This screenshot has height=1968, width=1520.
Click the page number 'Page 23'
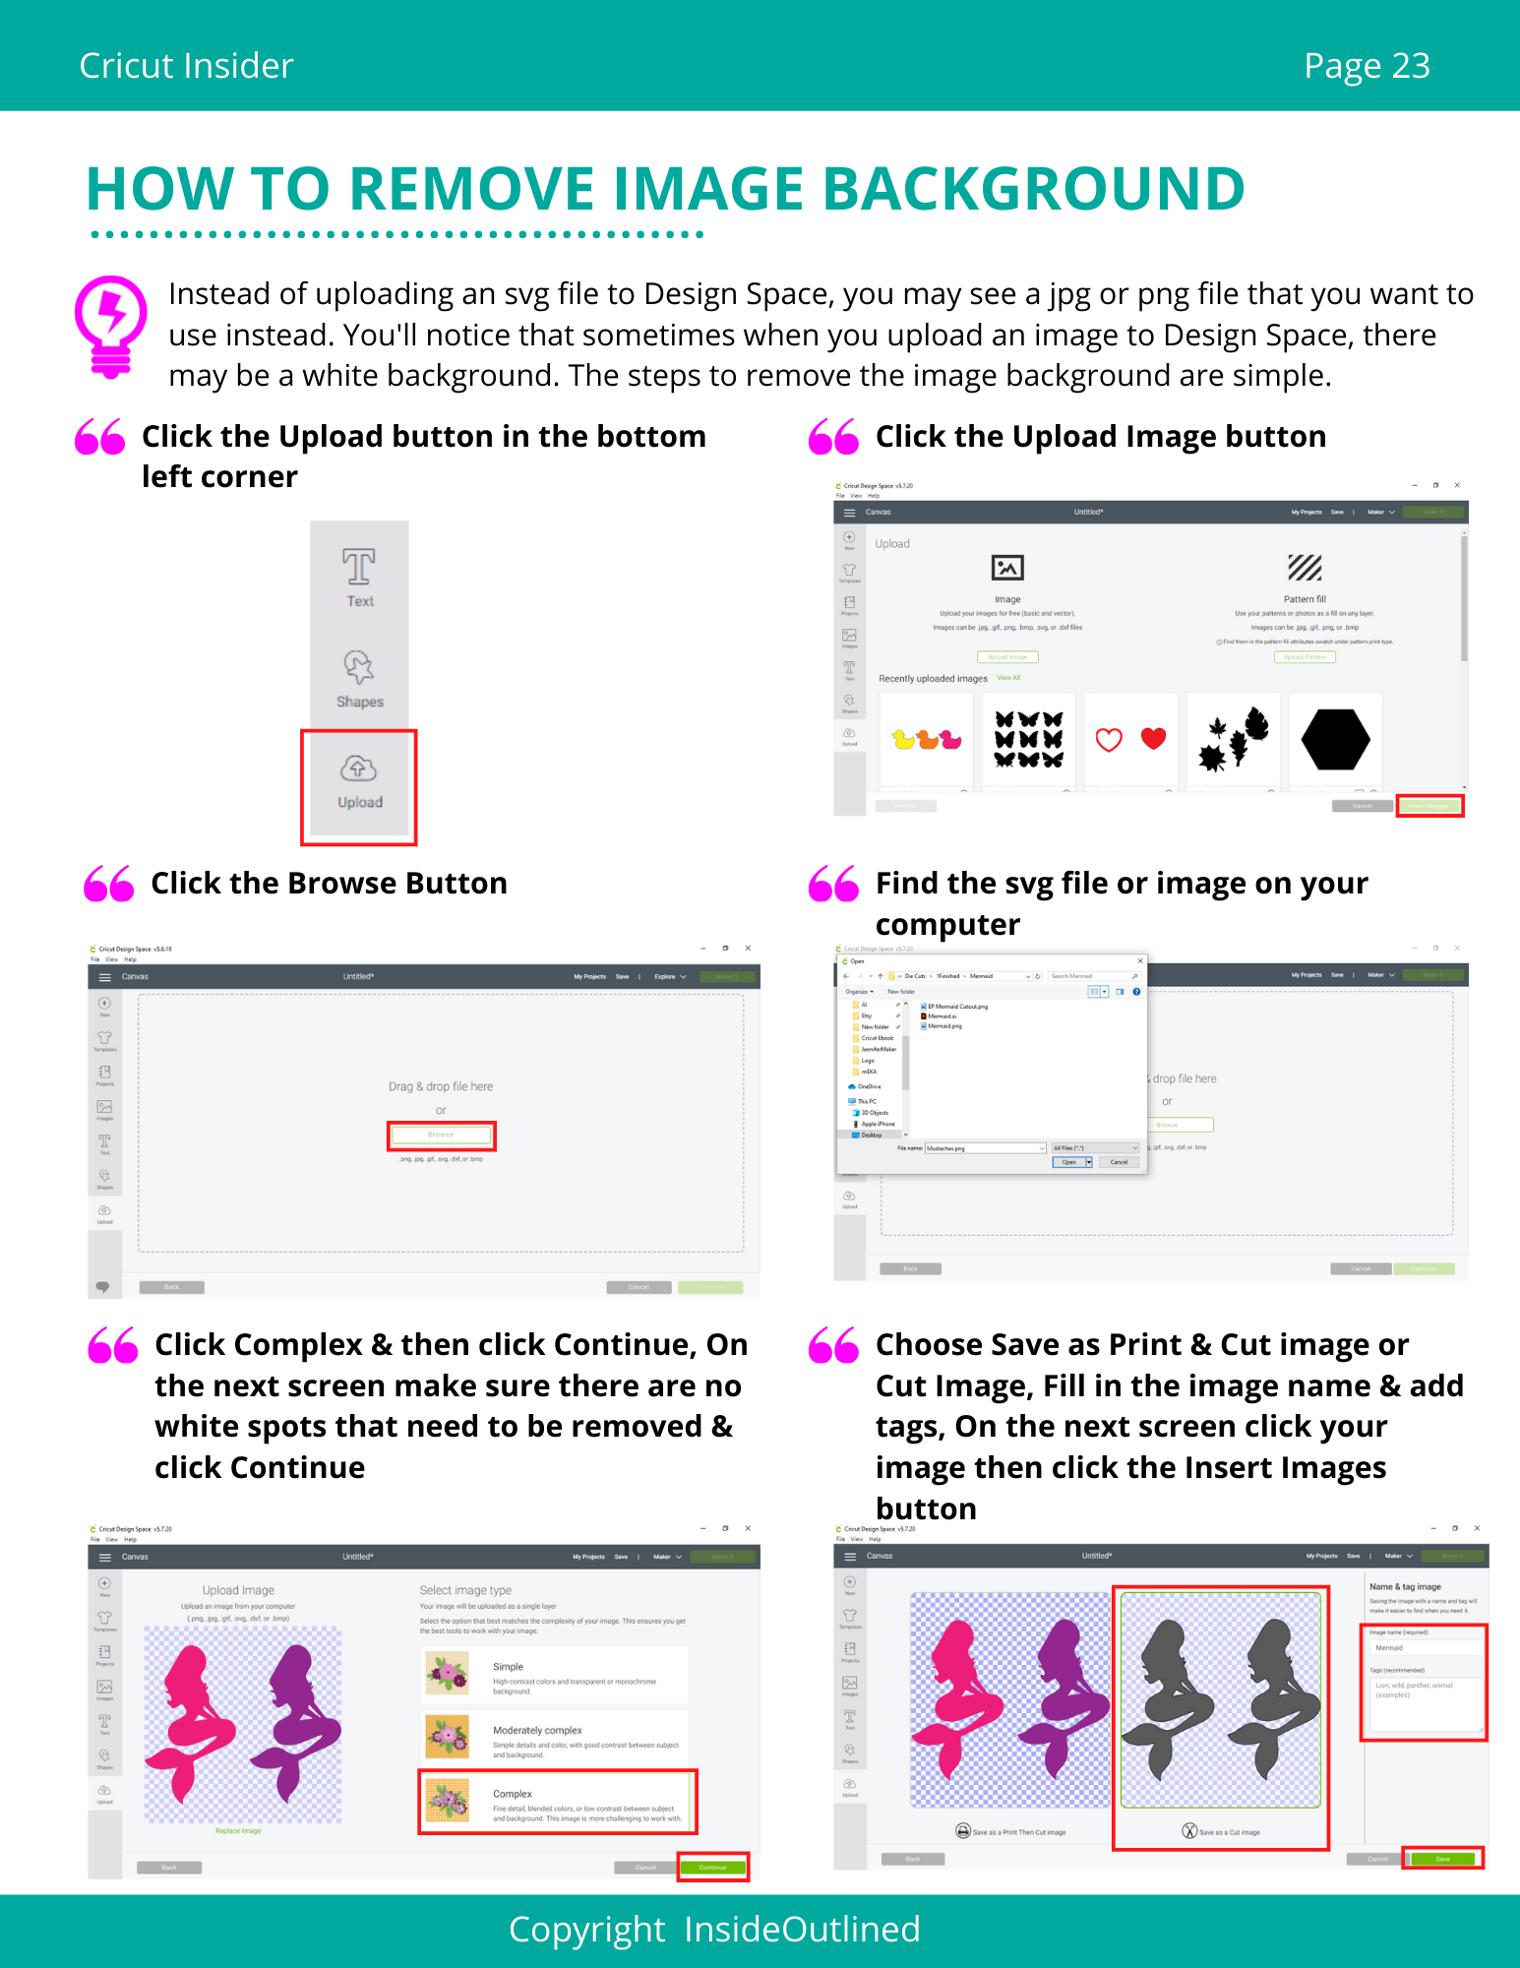[x=1366, y=66]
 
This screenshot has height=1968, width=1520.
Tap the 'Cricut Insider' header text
[x=186, y=66]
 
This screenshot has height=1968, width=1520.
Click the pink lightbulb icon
[x=111, y=325]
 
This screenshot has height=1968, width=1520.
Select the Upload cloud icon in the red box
[x=358, y=769]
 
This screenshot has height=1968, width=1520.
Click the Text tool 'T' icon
[x=358, y=568]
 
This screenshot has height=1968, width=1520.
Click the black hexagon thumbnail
[x=1334, y=739]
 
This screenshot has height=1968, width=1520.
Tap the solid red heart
[x=1153, y=738]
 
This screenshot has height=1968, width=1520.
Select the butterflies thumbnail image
[x=1028, y=739]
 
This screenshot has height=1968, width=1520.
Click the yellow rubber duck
[x=903, y=739]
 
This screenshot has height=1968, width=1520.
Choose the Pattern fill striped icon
[x=1305, y=568]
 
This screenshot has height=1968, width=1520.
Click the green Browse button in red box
[x=441, y=1135]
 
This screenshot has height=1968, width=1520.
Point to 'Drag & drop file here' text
[x=441, y=1086]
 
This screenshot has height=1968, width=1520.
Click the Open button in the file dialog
[x=1068, y=1162]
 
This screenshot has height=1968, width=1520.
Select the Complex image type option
[x=558, y=1802]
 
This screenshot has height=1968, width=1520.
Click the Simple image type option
[x=556, y=1675]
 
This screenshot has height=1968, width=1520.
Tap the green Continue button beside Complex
[x=712, y=1867]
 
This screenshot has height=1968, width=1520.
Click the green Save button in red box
[x=1442, y=1859]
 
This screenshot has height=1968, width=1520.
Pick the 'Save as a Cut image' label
[x=1229, y=1832]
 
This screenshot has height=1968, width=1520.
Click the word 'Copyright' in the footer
[x=586, y=1930]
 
